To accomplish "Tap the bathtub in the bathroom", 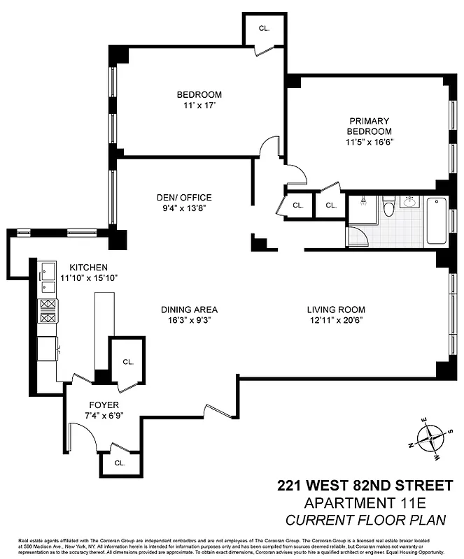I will pyautogui.click(x=437, y=222).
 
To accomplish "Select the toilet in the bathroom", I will pyautogui.click(x=390, y=208).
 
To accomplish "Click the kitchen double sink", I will pyautogui.click(x=47, y=277).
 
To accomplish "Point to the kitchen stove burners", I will pyautogui.click(x=48, y=311).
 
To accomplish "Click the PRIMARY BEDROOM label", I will pyautogui.click(x=369, y=126).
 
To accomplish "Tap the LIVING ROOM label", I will pyautogui.click(x=336, y=310).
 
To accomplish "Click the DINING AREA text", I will pyautogui.click(x=189, y=310).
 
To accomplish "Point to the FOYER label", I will pyautogui.click(x=103, y=405).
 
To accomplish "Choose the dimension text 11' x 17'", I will pyautogui.click(x=199, y=106).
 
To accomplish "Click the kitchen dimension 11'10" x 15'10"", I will pyautogui.click(x=88, y=277).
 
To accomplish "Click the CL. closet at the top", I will pyautogui.click(x=264, y=29).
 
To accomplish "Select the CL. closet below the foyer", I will pyautogui.click(x=120, y=463).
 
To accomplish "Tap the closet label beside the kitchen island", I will pyautogui.click(x=127, y=362).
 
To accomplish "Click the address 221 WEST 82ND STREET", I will pyautogui.click(x=365, y=486).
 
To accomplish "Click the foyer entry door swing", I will pyautogui.click(x=83, y=438).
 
